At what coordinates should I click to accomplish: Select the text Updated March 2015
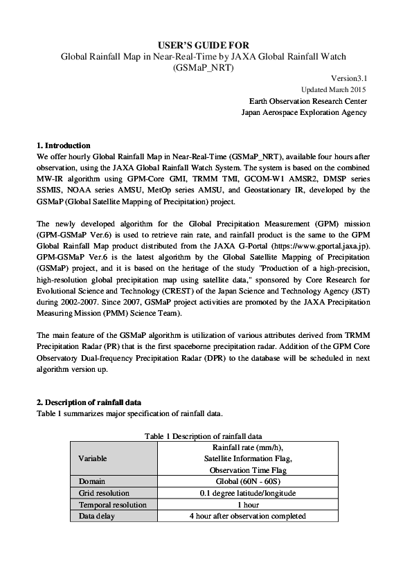click(334, 90)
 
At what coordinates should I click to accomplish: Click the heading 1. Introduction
click(63, 146)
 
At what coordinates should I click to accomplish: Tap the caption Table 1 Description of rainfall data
click(204, 436)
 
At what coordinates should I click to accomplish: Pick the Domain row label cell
click(91, 481)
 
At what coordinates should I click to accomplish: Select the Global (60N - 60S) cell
click(248, 481)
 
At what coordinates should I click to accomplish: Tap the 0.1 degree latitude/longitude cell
click(248, 493)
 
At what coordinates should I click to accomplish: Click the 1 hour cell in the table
click(248, 505)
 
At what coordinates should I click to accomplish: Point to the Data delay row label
click(96, 516)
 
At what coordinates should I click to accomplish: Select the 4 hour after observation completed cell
click(248, 516)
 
